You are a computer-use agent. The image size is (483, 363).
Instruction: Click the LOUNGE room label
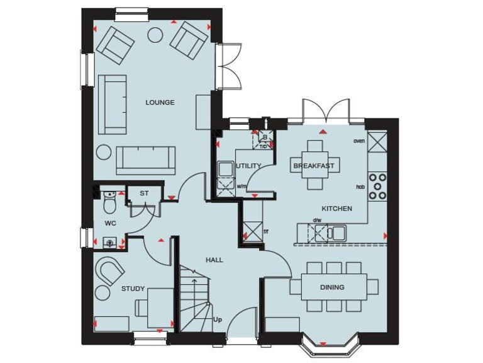coord(160,102)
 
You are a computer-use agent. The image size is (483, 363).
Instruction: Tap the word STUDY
coord(133,289)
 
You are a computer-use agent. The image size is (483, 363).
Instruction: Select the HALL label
coord(214,260)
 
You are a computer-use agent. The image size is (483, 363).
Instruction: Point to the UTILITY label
coord(249,166)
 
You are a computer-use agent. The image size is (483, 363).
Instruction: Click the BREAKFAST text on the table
coord(314,166)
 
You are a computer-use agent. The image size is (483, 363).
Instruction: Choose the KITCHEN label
coord(337,209)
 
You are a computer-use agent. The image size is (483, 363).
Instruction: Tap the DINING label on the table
coord(332,287)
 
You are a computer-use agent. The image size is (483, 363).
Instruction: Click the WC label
coord(110,223)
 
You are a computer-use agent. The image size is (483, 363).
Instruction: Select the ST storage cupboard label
coord(144,193)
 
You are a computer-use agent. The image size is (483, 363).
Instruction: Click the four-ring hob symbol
coord(377,187)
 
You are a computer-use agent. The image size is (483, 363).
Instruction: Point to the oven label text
coord(359,141)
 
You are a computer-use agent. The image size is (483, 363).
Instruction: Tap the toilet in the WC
coord(109,203)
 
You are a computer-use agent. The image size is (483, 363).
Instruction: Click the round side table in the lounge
coord(104,153)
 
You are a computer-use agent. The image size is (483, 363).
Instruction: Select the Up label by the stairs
coord(218,320)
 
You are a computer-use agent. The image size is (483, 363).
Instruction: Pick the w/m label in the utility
coord(241,187)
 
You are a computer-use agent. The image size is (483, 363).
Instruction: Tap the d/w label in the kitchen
coord(317,220)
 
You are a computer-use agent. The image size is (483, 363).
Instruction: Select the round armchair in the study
coord(111,272)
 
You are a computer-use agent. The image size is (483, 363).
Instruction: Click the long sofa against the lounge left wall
coord(113,104)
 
